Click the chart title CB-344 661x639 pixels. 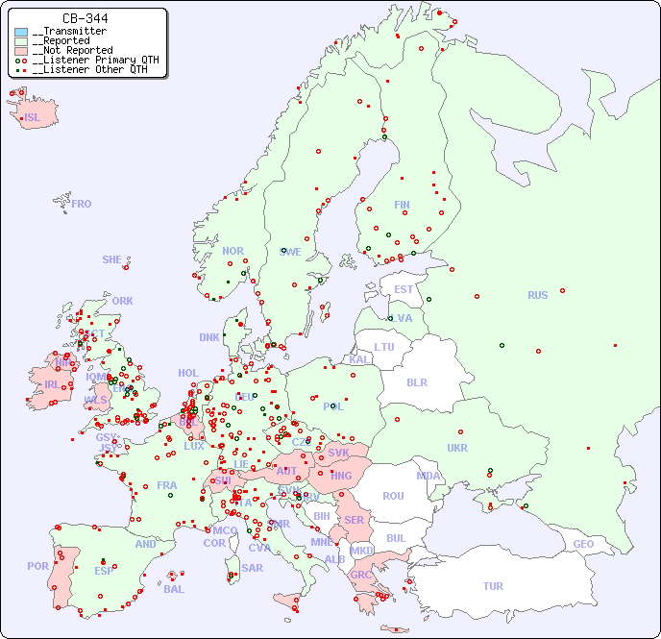pyautogui.click(x=85, y=18)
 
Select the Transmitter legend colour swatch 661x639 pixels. pyautogui.click(x=21, y=32)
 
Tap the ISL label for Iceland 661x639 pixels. pyautogui.click(x=33, y=118)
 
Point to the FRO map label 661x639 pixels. pyautogui.click(x=82, y=204)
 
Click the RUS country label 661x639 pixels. pyautogui.click(x=537, y=295)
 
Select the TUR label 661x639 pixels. pyautogui.click(x=493, y=586)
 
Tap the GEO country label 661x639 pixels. pyautogui.click(x=583, y=544)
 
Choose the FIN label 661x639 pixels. pyautogui.click(x=402, y=205)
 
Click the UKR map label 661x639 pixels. pyautogui.click(x=457, y=448)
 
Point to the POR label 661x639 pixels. pyautogui.click(x=37, y=566)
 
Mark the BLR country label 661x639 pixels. pyautogui.click(x=417, y=381)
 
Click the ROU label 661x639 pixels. pyautogui.click(x=393, y=496)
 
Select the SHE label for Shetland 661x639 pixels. pyautogui.click(x=112, y=259)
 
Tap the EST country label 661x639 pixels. pyautogui.click(x=404, y=289)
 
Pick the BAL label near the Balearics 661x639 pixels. pyautogui.click(x=174, y=589)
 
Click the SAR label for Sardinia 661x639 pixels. pyautogui.click(x=253, y=568)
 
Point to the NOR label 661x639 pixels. pyautogui.click(x=233, y=251)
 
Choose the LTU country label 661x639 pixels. pyautogui.click(x=384, y=347)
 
